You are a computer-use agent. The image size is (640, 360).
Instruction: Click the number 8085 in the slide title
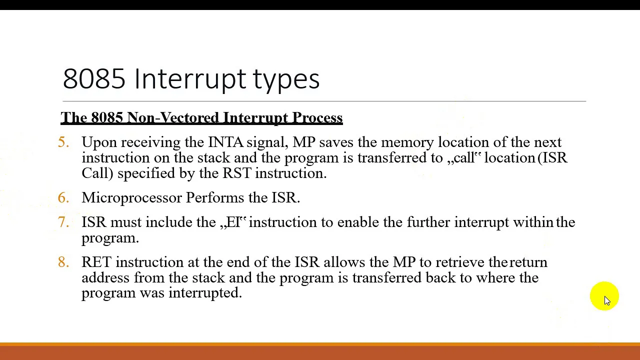click(94, 78)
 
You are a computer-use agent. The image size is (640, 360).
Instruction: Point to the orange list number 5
click(63, 142)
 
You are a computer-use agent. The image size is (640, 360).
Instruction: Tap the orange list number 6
click(63, 197)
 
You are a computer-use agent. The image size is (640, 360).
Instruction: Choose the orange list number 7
click(63, 222)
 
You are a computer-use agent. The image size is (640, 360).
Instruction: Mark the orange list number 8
click(63, 262)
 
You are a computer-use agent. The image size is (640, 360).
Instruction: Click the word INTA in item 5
click(225, 142)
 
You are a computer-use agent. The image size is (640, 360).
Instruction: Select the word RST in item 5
click(237, 173)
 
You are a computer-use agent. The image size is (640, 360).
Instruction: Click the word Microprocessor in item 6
click(131, 197)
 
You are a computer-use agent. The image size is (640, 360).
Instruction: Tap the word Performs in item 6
click(215, 197)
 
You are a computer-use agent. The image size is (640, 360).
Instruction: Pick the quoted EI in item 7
click(233, 222)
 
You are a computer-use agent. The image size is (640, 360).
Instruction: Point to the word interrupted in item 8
click(205, 293)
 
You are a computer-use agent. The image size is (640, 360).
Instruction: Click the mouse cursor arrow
click(607, 301)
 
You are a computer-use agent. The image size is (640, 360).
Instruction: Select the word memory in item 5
click(407, 142)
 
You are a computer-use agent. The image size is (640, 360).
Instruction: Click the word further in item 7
click(428, 222)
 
